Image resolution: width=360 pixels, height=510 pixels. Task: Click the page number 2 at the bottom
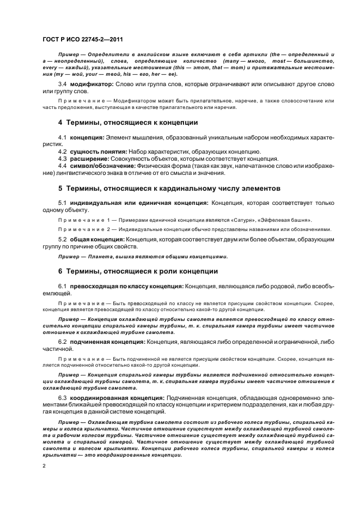click(44, 466)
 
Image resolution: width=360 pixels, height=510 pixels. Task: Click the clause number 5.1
click(62, 203)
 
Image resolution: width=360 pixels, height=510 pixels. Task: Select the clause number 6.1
click(62, 286)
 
